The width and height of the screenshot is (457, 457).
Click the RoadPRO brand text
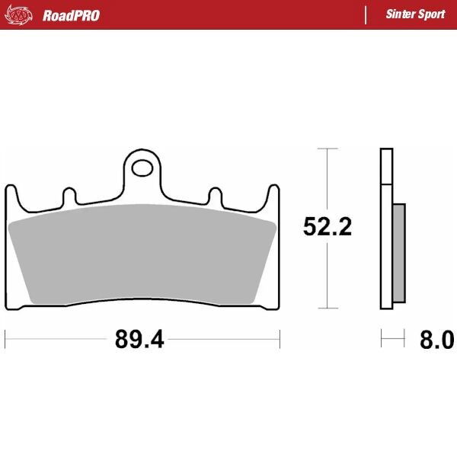click(x=71, y=14)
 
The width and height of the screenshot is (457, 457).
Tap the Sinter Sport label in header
click(x=414, y=14)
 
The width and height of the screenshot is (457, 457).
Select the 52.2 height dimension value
click(x=327, y=227)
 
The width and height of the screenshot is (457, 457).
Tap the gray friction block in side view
click(x=399, y=251)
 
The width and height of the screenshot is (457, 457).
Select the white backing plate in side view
click(x=386, y=228)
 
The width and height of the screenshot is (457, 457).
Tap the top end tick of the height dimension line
click(x=327, y=149)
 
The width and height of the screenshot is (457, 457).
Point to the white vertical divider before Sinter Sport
click(x=367, y=14)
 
